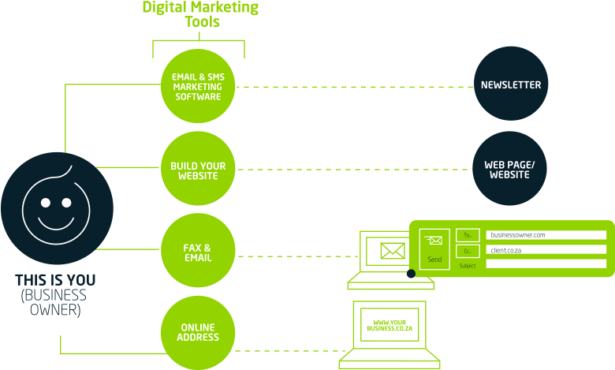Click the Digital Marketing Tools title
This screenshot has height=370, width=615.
[x=200, y=14]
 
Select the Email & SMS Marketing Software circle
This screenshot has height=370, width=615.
[x=198, y=87]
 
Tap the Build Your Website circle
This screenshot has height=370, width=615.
[x=198, y=170]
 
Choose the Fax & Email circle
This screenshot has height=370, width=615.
[x=198, y=253]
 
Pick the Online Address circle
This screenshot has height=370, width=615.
[x=198, y=332]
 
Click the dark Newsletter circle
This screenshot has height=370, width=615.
[x=511, y=84]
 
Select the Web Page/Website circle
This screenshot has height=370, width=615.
[x=509, y=169]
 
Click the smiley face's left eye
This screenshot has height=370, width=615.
[x=45, y=203]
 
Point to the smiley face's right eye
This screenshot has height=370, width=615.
[x=69, y=203]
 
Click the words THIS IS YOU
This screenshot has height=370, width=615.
[x=55, y=280]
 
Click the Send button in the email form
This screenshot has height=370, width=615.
[x=434, y=249]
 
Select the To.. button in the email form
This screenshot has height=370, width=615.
[x=468, y=235]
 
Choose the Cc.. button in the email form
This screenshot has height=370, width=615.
[x=468, y=251]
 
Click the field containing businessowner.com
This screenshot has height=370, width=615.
[x=546, y=235]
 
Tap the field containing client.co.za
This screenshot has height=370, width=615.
[x=546, y=250]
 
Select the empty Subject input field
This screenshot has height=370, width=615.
[x=546, y=264]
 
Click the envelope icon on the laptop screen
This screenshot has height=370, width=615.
[x=392, y=251]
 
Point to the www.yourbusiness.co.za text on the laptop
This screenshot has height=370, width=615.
[x=389, y=324]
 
